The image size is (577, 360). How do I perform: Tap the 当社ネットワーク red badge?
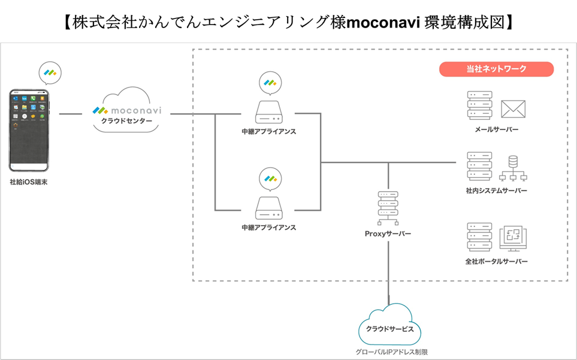496,69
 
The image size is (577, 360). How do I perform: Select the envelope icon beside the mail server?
513,108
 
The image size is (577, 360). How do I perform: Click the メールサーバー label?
496,129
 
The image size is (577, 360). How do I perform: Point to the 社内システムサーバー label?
496,190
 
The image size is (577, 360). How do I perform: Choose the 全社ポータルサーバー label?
496,262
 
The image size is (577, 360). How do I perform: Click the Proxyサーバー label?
388,234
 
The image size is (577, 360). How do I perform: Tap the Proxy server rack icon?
388,207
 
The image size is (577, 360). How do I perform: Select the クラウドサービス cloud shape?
389,328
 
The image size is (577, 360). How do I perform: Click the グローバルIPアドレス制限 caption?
389,352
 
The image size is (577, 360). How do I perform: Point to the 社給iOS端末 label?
28,181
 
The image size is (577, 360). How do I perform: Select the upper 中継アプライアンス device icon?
268,112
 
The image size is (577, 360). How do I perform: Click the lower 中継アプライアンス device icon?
268,208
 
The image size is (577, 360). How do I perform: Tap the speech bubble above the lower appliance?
268,179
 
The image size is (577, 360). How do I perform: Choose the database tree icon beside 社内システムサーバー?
513,168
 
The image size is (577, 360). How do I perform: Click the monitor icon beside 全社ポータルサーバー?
513,238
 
